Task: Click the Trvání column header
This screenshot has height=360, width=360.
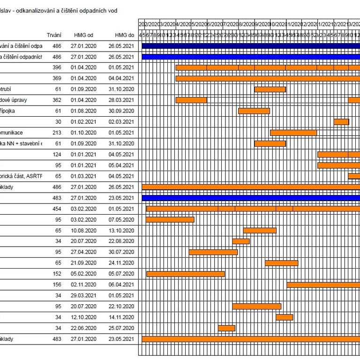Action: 54,35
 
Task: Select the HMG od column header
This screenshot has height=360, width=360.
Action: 83,35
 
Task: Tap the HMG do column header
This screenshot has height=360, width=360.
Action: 124,35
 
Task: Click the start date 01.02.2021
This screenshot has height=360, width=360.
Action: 83,122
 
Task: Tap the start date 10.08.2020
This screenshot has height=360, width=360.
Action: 83,230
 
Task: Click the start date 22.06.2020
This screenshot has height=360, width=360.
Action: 83,328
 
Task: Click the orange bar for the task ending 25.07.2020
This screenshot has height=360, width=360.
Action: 226,328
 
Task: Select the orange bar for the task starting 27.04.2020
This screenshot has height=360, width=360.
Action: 213,252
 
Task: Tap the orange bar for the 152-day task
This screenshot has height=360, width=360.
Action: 186,274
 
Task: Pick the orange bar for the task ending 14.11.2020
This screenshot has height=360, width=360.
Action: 284,317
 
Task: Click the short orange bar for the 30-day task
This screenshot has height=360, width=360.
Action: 341,122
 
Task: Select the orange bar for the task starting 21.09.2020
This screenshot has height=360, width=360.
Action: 281,263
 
